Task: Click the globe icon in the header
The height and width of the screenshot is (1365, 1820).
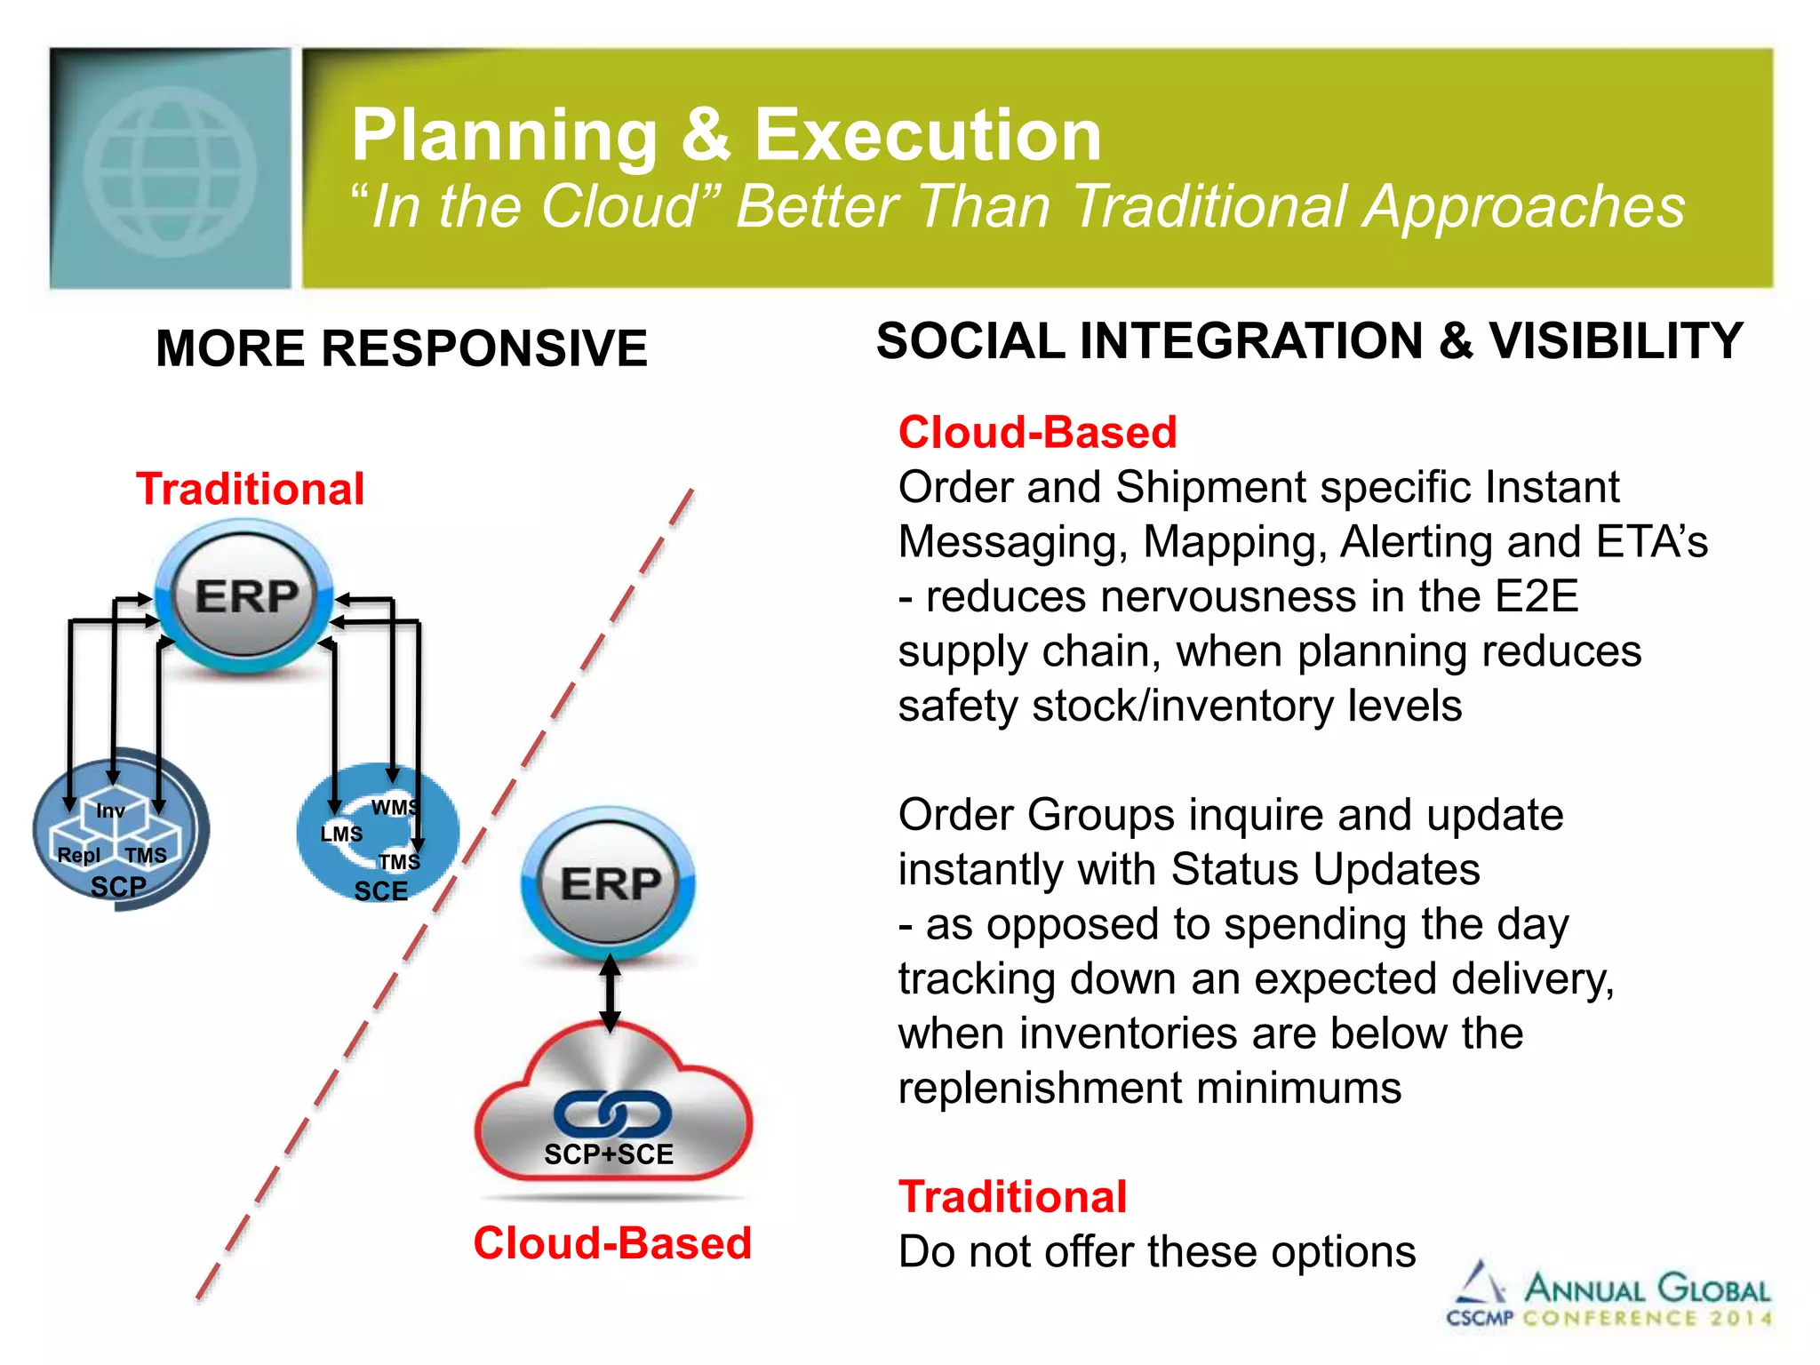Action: pyautogui.click(x=170, y=172)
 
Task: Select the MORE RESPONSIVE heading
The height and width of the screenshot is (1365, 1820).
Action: pyautogui.click(x=401, y=347)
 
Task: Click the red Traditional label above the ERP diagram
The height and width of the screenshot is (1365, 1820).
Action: pyautogui.click(x=250, y=490)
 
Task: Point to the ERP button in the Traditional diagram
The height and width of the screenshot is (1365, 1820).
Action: pyautogui.click(x=245, y=596)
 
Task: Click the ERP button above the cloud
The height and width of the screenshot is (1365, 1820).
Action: pyautogui.click(x=610, y=884)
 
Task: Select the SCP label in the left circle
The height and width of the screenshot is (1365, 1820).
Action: pyautogui.click(x=118, y=887)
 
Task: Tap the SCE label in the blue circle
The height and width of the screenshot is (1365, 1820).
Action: pyautogui.click(x=380, y=891)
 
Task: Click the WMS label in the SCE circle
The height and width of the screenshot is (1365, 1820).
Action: pyautogui.click(x=394, y=807)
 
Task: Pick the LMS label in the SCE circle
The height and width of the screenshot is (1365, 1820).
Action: pyautogui.click(x=341, y=834)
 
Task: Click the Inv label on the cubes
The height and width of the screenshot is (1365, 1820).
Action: pyautogui.click(x=110, y=810)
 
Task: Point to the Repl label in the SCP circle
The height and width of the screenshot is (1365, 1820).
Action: pyautogui.click(x=78, y=855)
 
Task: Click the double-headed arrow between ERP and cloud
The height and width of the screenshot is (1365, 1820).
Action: pyautogui.click(x=610, y=994)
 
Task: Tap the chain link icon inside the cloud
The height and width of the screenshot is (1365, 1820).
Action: pyautogui.click(x=612, y=1114)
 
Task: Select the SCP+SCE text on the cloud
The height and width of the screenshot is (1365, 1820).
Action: pyautogui.click(x=609, y=1154)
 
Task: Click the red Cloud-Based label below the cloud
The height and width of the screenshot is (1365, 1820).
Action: pyautogui.click(x=612, y=1242)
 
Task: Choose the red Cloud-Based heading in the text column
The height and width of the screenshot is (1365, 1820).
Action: pyautogui.click(x=1037, y=433)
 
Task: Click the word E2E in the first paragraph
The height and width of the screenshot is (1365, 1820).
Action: pyautogui.click(x=1536, y=596)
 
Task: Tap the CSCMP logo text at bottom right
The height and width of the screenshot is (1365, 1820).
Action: pyautogui.click(x=1479, y=1318)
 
